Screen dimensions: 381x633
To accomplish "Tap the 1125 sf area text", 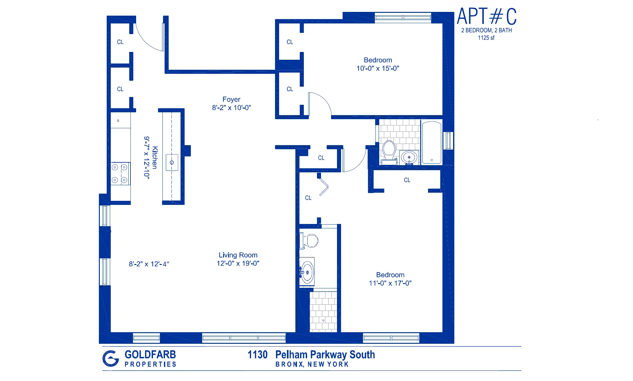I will (486, 38).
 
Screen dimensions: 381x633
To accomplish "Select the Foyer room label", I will (231, 99).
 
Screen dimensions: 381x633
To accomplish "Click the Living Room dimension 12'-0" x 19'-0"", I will (238, 263).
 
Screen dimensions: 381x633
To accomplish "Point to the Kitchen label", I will (155, 157).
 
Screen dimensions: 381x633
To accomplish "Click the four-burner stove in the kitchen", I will (120, 174).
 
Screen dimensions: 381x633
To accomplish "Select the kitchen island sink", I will (172, 162).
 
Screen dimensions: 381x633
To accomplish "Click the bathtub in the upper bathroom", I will (431, 143).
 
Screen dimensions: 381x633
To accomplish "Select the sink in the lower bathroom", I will (307, 272).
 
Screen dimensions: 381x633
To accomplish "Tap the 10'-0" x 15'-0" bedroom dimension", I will (378, 69).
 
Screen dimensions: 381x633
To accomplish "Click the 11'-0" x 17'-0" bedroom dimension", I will (390, 283).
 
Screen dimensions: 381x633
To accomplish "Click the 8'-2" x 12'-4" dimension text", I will (149, 264).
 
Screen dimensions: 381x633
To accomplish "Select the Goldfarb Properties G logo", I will (111, 358).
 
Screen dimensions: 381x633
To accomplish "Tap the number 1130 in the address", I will (258, 355).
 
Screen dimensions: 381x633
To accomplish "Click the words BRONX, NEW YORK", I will (312, 364).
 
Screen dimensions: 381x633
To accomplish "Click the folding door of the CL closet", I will (324, 187).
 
